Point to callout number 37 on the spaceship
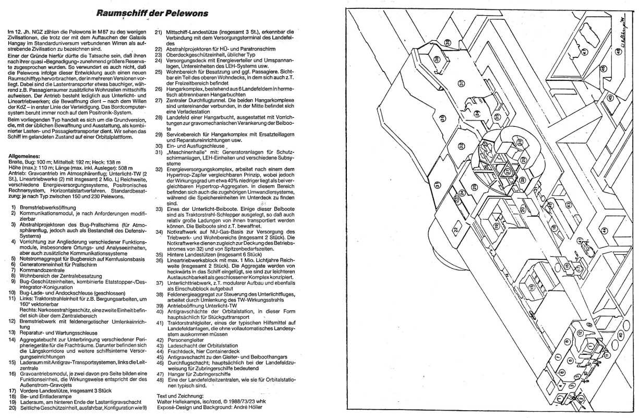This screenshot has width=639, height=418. [x=461, y=83]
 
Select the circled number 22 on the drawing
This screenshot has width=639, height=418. [x=455, y=230]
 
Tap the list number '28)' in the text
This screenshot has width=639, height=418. [x=158, y=118]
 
